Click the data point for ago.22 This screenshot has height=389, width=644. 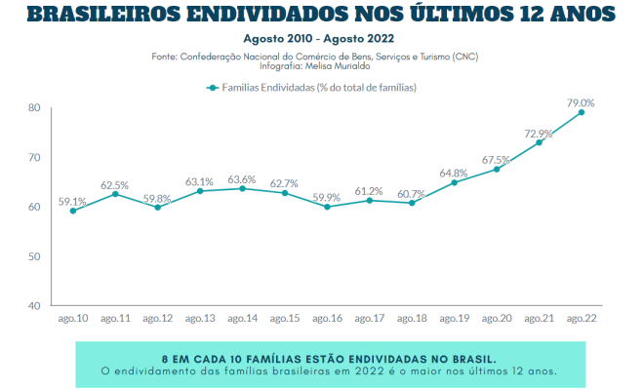[582, 112]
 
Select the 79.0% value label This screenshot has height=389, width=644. [582, 101]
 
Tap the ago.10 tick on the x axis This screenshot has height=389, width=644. [73, 319]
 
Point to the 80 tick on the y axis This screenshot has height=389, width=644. [34, 107]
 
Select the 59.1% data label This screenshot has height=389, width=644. [73, 202]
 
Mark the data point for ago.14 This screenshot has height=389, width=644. [243, 188]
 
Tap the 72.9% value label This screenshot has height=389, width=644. [539, 134]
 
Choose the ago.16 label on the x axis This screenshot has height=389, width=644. [328, 319]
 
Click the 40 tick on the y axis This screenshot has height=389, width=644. [34, 305]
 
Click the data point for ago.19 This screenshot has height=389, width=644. [455, 182]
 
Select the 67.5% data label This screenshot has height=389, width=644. [496, 160]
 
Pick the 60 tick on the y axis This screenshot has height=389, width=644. [34, 207]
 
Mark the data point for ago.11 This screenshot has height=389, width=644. [115, 194]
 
